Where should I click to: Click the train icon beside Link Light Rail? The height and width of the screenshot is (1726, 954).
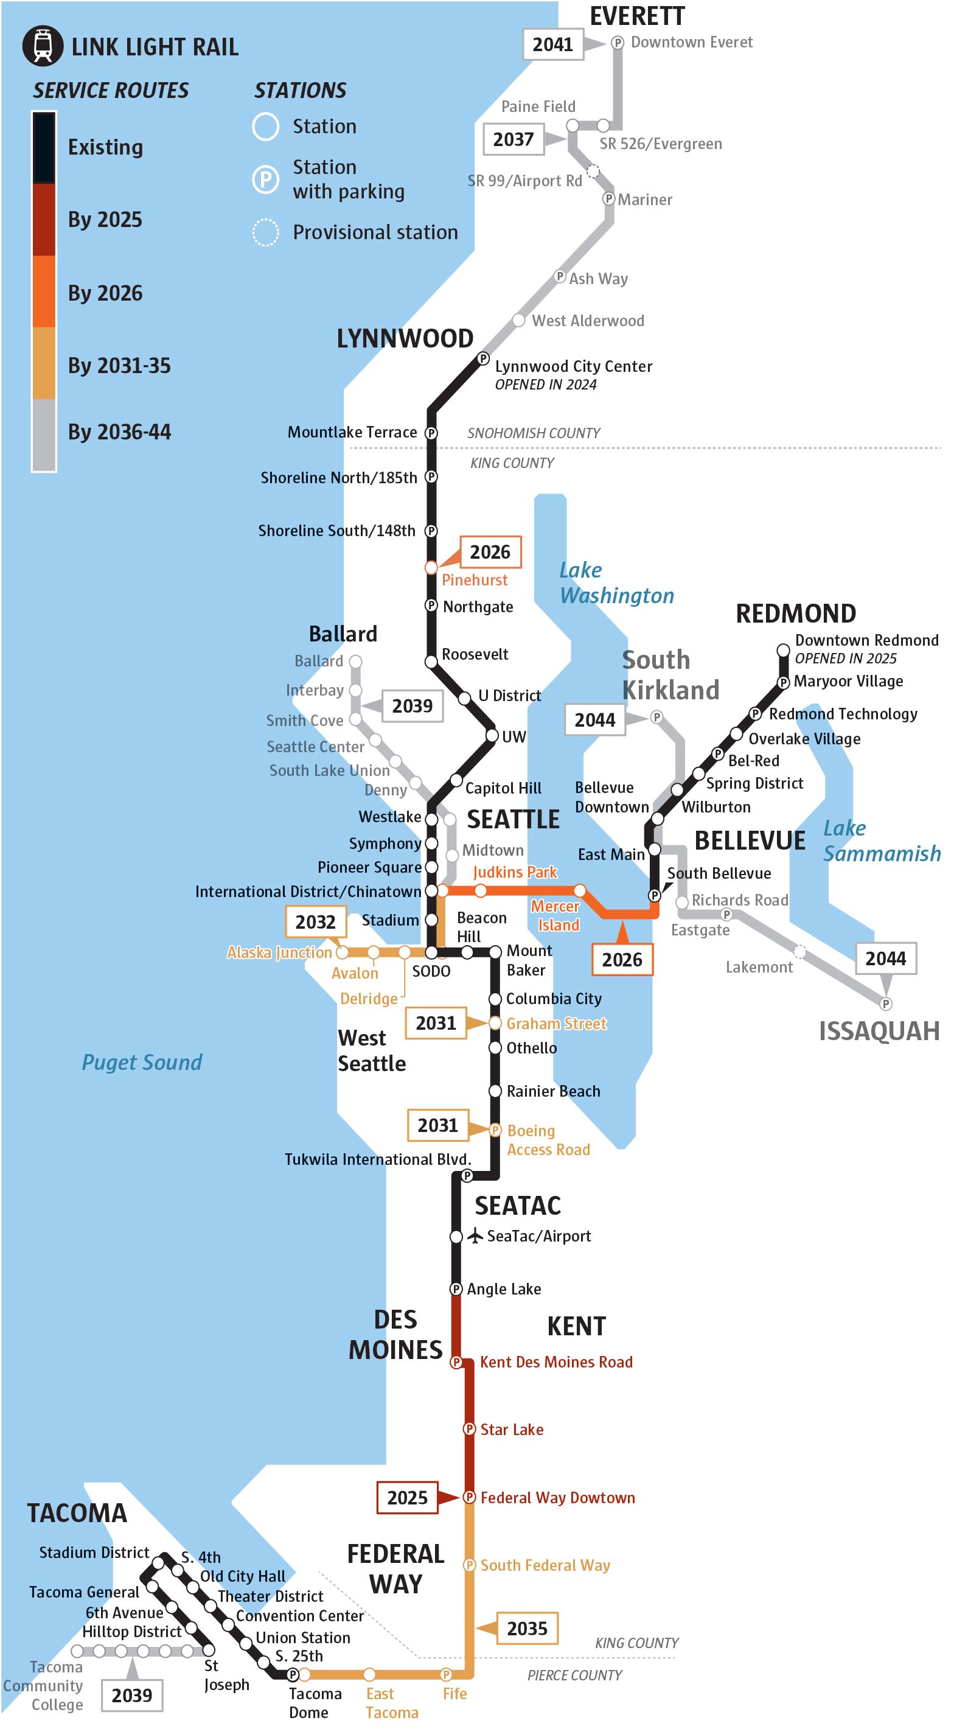(x=43, y=46)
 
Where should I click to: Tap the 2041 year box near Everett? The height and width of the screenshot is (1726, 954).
(x=552, y=44)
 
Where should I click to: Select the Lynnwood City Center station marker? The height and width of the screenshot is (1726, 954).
(x=483, y=359)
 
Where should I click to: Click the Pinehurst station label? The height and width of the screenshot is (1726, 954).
(x=475, y=580)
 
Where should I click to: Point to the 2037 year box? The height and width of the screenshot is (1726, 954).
(x=513, y=139)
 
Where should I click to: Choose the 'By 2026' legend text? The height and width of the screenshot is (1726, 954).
(x=105, y=293)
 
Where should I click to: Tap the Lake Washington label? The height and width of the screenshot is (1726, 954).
(x=616, y=583)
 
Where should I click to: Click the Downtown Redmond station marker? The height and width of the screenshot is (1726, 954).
(x=782, y=650)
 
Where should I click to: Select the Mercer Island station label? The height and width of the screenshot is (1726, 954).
(x=555, y=915)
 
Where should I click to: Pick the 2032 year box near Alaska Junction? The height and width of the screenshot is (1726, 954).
(x=316, y=922)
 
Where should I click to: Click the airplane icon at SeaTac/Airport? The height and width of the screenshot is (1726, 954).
(x=475, y=1235)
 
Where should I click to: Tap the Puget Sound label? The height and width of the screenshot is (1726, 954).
(x=142, y=1062)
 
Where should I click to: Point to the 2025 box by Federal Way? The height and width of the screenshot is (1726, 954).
(x=407, y=1498)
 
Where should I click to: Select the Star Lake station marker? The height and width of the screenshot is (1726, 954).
(x=470, y=1429)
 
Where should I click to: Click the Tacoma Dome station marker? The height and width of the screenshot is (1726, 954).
(x=293, y=1674)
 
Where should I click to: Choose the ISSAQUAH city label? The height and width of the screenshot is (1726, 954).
(x=879, y=1031)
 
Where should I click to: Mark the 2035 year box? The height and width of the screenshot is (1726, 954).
(x=527, y=1628)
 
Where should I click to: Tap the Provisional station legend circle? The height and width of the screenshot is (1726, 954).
(x=265, y=232)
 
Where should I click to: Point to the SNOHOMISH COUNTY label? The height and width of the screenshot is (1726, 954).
(x=533, y=433)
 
